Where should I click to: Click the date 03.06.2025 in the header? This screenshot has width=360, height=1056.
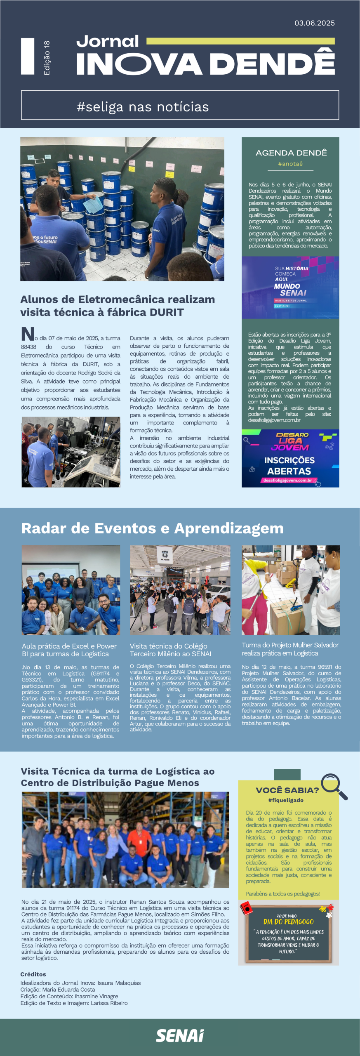point(314,23)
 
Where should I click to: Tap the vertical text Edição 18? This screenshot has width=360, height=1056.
point(47,58)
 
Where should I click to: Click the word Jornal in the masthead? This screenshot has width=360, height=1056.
point(108,41)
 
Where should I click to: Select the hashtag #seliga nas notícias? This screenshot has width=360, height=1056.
point(143,107)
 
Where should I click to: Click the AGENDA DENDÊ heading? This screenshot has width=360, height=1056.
point(291,153)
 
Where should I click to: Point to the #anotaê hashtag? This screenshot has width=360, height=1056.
point(290,164)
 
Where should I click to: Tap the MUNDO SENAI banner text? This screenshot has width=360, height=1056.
point(290,289)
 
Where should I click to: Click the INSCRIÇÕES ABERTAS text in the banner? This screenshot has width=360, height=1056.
point(289,466)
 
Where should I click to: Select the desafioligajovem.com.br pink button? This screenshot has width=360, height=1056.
point(288,480)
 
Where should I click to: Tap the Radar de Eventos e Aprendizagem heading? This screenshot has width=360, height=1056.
point(152,528)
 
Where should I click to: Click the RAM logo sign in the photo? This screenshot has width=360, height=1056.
point(165,554)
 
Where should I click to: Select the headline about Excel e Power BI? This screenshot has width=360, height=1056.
point(69,650)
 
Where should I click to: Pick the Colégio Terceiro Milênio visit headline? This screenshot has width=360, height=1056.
point(170,650)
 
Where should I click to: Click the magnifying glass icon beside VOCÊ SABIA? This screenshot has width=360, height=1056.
point(334,786)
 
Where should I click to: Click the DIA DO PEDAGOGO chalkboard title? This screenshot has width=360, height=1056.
point(289,922)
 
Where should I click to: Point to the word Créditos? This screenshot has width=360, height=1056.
point(33,974)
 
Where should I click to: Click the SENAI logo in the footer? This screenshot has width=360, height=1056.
point(180,1036)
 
